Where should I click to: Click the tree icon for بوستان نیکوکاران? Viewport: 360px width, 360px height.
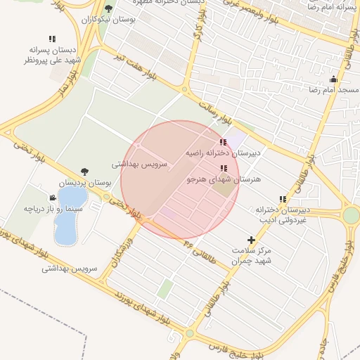pos(108,9)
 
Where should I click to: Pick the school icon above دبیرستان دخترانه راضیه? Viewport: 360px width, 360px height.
pos(224,142)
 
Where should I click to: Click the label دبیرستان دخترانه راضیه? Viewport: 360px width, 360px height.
pos(223,152)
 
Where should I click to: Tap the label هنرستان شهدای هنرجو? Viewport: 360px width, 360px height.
pos(224,179)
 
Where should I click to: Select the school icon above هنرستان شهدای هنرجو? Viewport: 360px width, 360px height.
pos(224,169)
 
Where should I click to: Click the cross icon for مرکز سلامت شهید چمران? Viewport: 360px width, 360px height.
pos(252,240)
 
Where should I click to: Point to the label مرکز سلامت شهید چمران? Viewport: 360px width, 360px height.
pos(252,255)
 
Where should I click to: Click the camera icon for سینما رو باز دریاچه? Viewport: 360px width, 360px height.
pos(53,198)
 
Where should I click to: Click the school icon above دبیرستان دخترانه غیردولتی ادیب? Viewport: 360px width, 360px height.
pos(283,199)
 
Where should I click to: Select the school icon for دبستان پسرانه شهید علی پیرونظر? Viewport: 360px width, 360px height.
pos(52,39)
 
